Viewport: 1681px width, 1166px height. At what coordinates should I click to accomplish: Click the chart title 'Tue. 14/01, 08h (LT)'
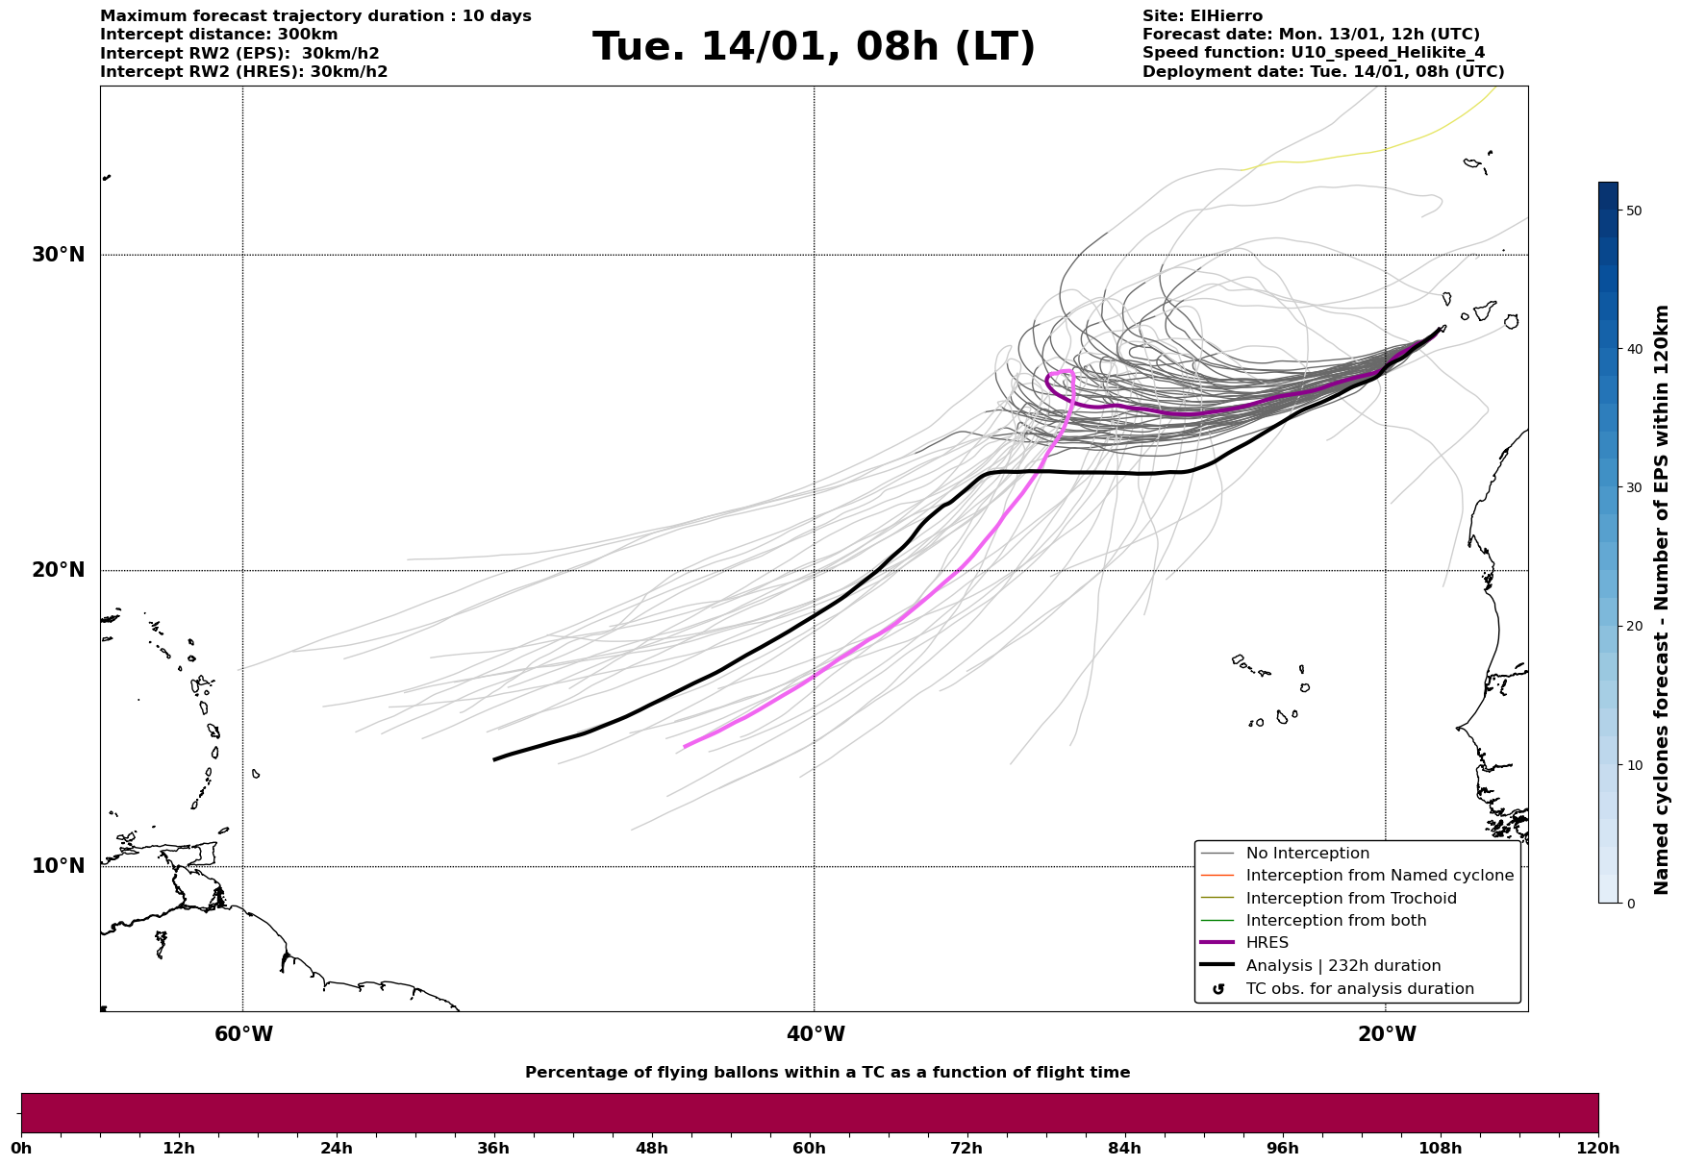pos(814,47)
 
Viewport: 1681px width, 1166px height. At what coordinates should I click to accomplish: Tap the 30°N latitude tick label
pos(59,255)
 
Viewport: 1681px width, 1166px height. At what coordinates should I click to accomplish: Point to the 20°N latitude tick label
pos(59,570)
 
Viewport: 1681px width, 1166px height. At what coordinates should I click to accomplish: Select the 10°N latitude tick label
pos(59,866)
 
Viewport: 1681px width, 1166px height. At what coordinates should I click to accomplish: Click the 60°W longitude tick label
pos(243,1034)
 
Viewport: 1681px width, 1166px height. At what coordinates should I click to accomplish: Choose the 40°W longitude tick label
pos(815,1034)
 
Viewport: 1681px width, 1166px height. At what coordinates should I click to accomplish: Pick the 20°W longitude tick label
pos(1387,1034)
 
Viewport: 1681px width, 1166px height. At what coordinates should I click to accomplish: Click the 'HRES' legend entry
pos(1267,943)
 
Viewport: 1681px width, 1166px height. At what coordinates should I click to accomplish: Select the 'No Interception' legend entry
pos(1307,854)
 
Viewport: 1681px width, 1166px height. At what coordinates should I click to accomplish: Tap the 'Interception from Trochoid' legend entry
pos(1350,899)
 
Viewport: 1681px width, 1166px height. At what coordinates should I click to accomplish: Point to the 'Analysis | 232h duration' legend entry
pos(1342,966)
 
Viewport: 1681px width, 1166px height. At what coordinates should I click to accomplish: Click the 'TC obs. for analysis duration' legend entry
pos(1359,989)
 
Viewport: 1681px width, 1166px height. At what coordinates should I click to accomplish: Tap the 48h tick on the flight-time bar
pos(652,1148)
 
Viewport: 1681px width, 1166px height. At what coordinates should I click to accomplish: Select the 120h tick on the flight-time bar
pos(1598,1148)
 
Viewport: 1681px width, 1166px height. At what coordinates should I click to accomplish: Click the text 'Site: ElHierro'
pos(1202,16)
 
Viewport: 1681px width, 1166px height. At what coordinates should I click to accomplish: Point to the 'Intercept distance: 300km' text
pos(219,35)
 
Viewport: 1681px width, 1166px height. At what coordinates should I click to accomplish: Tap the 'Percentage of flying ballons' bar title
pos(827,1073)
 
